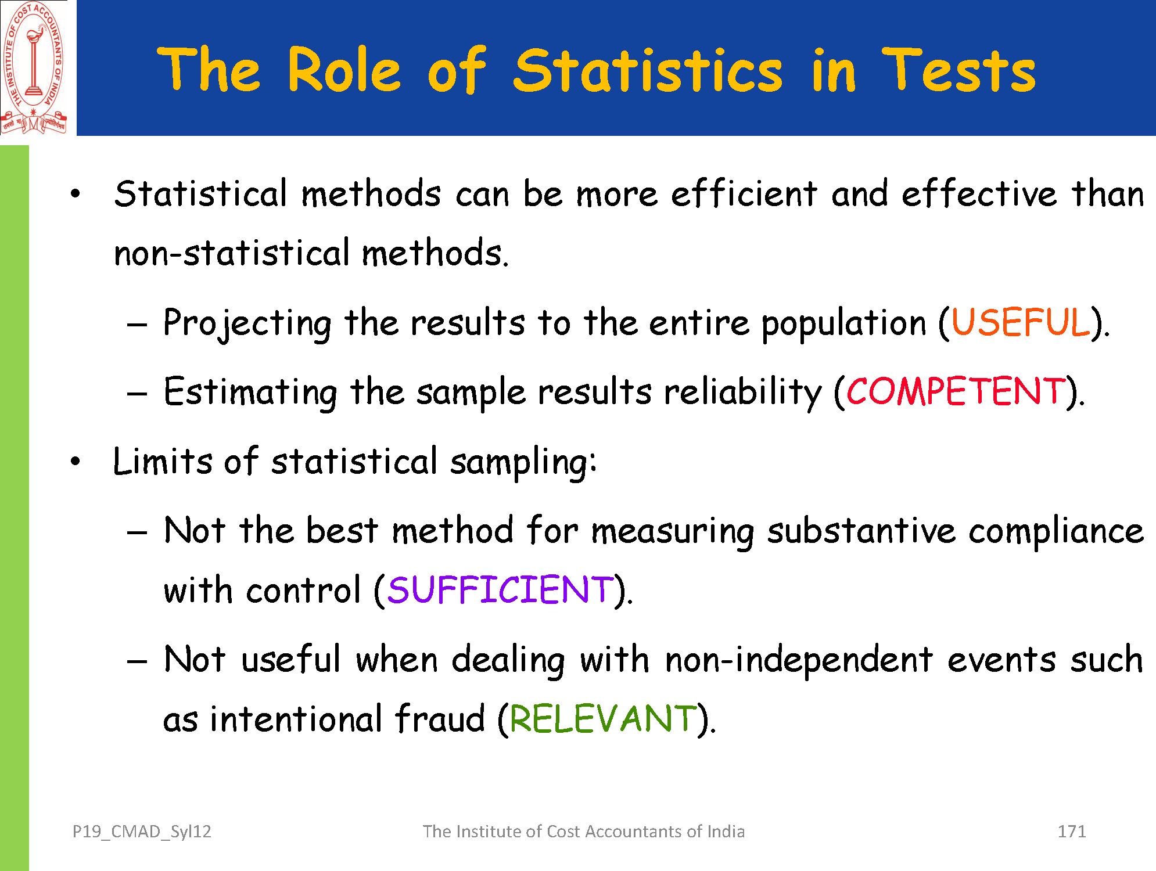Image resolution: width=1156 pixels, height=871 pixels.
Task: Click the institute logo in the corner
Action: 34,67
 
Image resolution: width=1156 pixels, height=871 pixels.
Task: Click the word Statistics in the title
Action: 648,70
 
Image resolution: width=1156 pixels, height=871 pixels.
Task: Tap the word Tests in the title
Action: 958,70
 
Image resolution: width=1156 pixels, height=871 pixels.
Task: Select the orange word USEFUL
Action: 1021,322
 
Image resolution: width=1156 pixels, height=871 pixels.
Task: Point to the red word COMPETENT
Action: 956,391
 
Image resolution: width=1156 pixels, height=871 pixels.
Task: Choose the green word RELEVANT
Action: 603,718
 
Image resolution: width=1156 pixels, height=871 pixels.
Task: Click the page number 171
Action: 1072,832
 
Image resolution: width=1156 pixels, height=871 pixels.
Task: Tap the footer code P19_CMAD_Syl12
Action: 142,832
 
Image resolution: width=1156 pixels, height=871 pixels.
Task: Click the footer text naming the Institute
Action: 583,832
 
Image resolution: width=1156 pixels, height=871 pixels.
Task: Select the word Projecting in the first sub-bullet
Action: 247,323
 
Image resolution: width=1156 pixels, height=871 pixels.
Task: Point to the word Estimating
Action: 250,392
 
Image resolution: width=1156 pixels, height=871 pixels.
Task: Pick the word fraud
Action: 440,718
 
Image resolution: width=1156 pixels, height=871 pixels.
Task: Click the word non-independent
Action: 799,660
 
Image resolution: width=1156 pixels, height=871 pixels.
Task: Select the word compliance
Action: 1056,531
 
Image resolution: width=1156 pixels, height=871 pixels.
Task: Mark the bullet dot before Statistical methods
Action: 75,195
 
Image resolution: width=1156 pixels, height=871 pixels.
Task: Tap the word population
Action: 843,323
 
